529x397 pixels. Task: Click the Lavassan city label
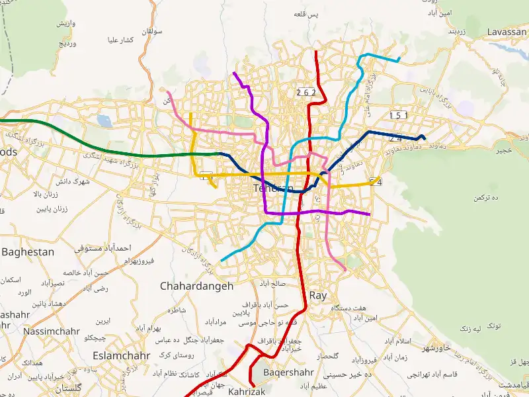click(x=506, y=32)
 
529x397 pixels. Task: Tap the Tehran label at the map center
click(x=272, y=189)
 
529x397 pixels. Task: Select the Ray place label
click(x=318, y=296)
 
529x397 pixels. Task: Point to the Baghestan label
click(x=28, y=252)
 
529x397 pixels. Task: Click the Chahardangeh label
click(x=197, y=287)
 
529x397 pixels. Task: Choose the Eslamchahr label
click(x=122, y=355)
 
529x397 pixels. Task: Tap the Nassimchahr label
click(x=52, y=331)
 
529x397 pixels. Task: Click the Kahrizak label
click(x=246, y=392)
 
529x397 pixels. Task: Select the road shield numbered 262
click(x=306, y=92)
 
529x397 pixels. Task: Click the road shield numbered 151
click(x=399, y=115)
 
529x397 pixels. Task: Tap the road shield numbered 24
click(x=395, y=138)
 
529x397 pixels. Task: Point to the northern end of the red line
click(x=317, y=52)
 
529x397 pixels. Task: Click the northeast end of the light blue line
click(x=399, y=60)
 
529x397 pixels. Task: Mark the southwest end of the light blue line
click(x=221, y=260)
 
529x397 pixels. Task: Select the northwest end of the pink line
click(x=168, y=92)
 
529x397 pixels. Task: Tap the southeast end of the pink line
click(x=345, y=270)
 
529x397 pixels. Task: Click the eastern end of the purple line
click(x=369, y=214)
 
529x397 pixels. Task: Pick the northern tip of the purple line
click(x=234, y=73)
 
